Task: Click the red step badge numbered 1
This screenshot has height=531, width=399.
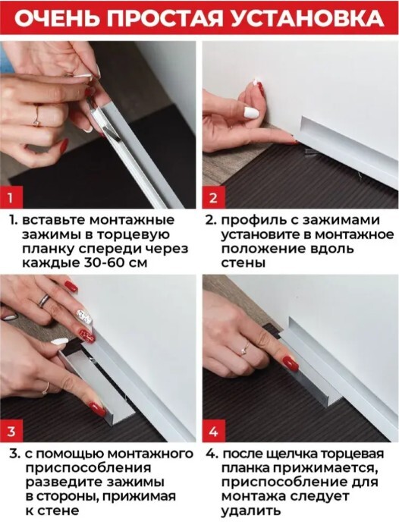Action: pos(11,197)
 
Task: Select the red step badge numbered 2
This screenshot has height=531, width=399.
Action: pos(214,197)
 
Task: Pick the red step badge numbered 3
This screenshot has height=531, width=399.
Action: pos(11,431)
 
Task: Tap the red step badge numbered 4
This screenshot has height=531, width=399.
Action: pos(214,431)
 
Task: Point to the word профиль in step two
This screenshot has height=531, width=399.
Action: pos(253,220)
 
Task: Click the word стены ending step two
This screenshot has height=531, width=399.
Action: pos(243,263)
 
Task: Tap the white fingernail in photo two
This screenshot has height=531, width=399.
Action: pos(251,112)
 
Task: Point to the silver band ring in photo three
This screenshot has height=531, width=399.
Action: pos(45,300)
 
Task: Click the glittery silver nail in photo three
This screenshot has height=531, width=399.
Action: pos(85,316)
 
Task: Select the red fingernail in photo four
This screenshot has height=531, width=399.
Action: pos(291,363)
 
